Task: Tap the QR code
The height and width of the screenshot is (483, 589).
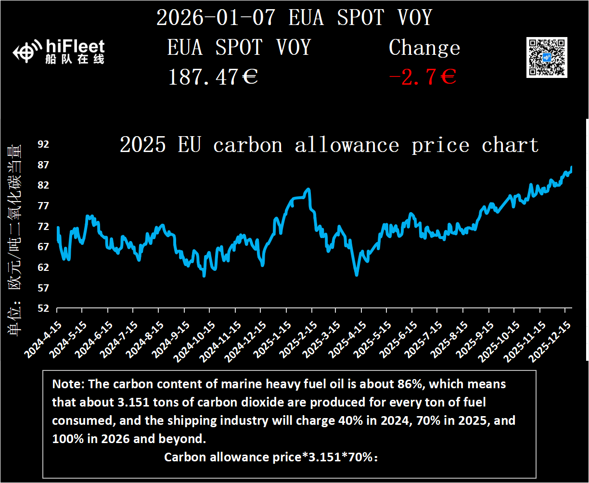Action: click(547, 57)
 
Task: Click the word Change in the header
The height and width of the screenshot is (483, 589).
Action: click(424, 48)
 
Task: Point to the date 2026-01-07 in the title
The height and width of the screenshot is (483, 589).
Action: click(217, 18)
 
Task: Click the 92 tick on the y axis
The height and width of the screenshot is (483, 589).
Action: click(44, 144)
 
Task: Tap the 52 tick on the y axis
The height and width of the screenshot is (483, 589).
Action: click(44, 308)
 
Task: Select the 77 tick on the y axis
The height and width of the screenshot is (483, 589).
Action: click(44, 206)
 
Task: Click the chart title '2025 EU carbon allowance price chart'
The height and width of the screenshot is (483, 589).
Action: click(329, 145)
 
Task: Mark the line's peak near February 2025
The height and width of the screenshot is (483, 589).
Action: click(308, 189)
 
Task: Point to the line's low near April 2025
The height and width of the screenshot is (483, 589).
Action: click(357, 275)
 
